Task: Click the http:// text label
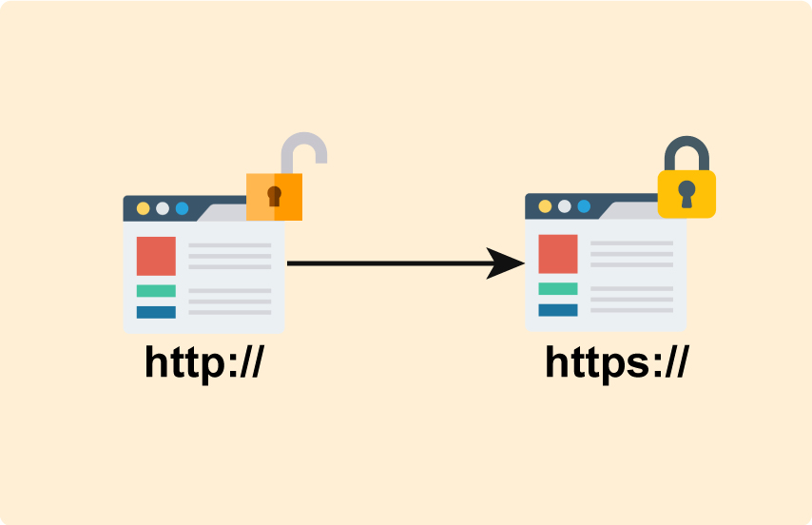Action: click(x=203, y=362)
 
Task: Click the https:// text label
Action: click(x=615, y=361)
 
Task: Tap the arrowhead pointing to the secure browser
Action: click(x=505, y=263)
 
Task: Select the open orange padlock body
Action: click(x=274, y=197)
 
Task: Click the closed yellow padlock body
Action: click(x=686, y=194)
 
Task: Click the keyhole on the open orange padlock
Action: click(x=274, y=196)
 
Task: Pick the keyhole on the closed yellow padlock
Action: click(x=686, y=194)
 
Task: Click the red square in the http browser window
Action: click(x=156, y=256)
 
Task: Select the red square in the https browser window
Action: click(x=558, y=254)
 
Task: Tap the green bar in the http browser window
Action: click(x=156, y=291)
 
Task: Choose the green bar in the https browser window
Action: click(x=558, y=288)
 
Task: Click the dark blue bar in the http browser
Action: click(x=156, y=312)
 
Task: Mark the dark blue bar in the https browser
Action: click(x=558, y=309)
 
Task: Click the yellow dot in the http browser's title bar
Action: click(x=143, y=208)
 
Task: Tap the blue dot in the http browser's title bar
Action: click(x=182, y=208)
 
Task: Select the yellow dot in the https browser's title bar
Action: click(x=545, y=205)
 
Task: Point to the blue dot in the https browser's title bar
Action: click(x=584, y=205)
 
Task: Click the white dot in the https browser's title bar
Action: click(x=565, y=205)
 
